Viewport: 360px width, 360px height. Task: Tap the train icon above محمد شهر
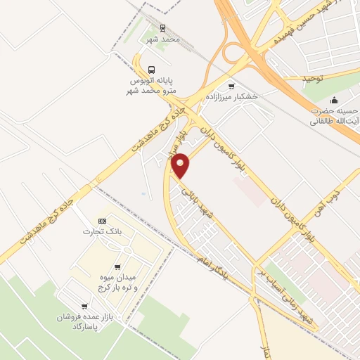[163, 29]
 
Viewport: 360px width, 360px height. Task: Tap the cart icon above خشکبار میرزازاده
[232, 85]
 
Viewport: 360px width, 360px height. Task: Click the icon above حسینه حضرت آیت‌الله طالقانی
[334, 98]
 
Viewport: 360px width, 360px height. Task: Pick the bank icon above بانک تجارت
[102, 221]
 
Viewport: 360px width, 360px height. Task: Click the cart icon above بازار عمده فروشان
[84, 306]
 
